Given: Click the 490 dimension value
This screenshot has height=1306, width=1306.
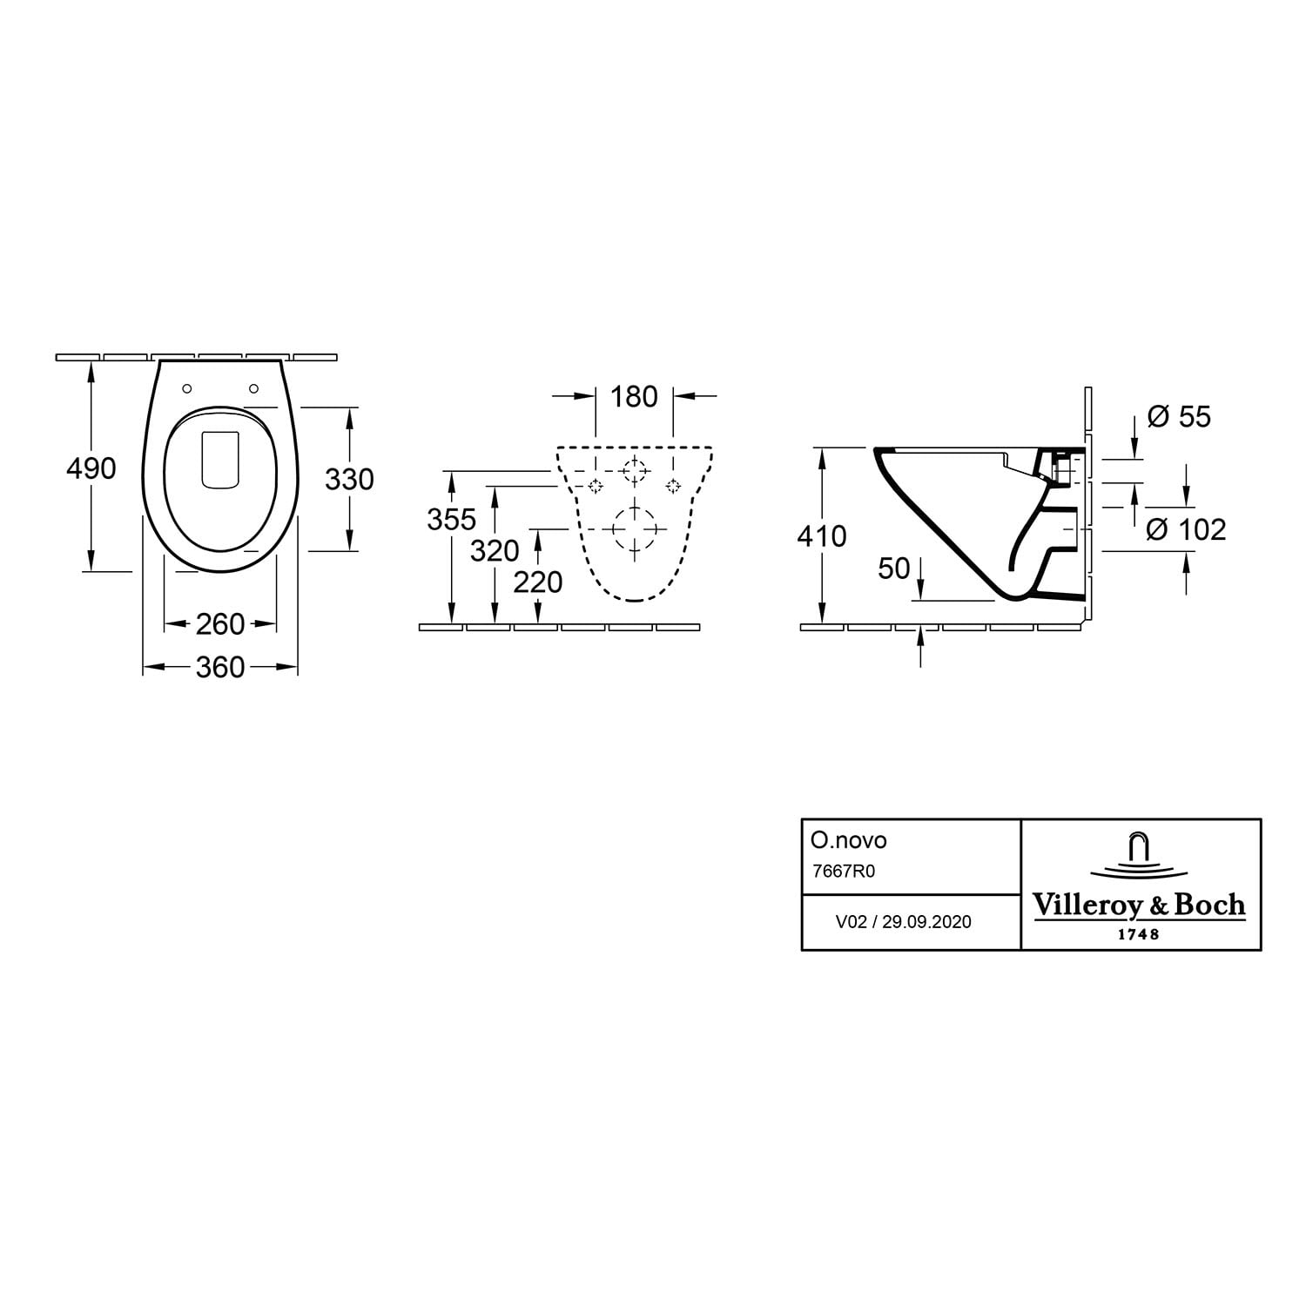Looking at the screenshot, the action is (91, 468).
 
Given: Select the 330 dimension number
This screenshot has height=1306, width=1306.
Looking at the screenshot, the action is (349, 479).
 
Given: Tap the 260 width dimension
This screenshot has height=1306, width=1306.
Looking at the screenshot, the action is (220, 624).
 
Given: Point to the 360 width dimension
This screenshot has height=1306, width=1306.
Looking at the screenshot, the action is (220, 668).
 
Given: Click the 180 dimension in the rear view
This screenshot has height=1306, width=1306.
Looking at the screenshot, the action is (634, 397).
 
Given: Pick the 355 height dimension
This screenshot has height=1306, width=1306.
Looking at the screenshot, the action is (452, 519).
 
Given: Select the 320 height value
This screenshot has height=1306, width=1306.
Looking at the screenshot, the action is (495, 550).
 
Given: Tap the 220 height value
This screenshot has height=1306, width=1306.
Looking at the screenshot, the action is (538, 582).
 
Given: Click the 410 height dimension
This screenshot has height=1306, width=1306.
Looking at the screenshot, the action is (822, 536).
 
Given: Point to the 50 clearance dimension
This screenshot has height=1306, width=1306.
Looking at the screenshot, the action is (894, 569).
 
